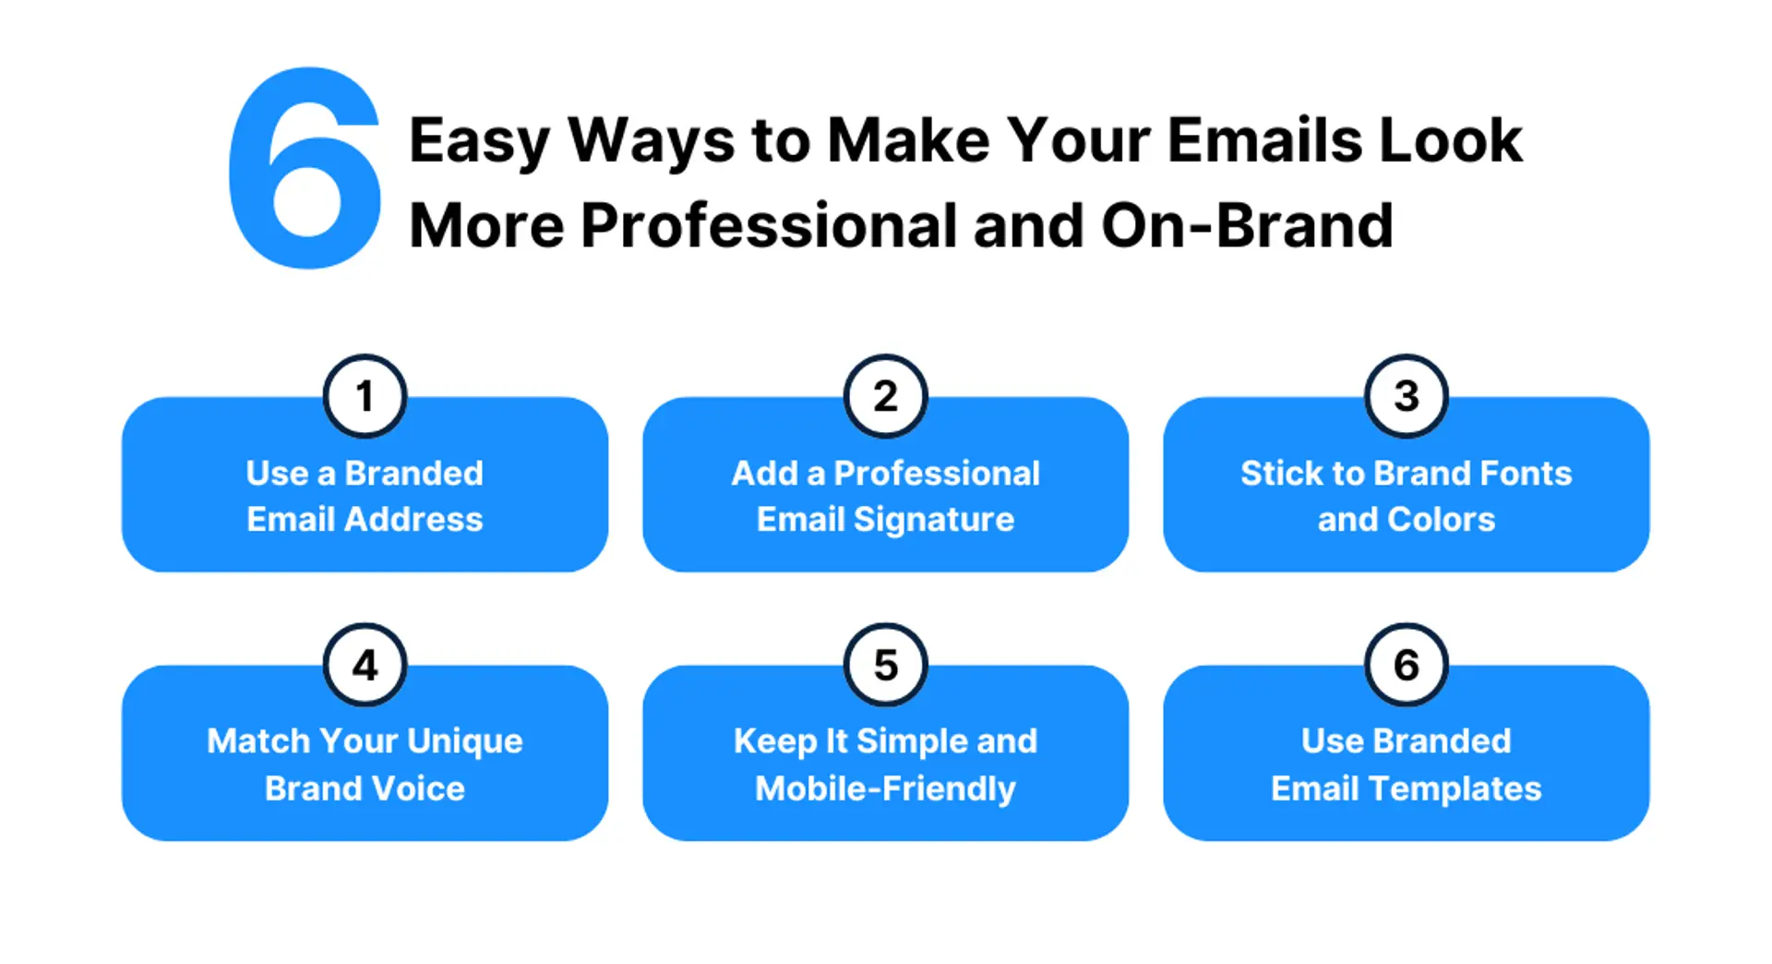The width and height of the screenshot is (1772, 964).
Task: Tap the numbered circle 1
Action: click(x=365, y=397)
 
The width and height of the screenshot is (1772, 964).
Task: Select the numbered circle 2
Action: click(x=885, y=397)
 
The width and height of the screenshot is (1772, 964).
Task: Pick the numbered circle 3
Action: click(x=1406, y=397)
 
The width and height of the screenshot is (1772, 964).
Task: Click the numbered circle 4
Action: click(x=365, y=665)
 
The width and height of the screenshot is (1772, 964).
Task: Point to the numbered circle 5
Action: click(x=885, y=665)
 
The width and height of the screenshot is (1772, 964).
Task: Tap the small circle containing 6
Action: click(x=1406, y=665)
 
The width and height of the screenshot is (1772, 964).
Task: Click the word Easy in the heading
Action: click(x=479, y=141)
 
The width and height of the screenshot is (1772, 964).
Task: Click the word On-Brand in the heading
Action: click(x=1247, y=226)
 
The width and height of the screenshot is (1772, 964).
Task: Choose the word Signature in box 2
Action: click(x=933, y=521)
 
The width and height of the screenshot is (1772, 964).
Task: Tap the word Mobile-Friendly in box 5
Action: click(x=885, y=789)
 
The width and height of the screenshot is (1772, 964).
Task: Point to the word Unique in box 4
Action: click(x=464, y=741)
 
